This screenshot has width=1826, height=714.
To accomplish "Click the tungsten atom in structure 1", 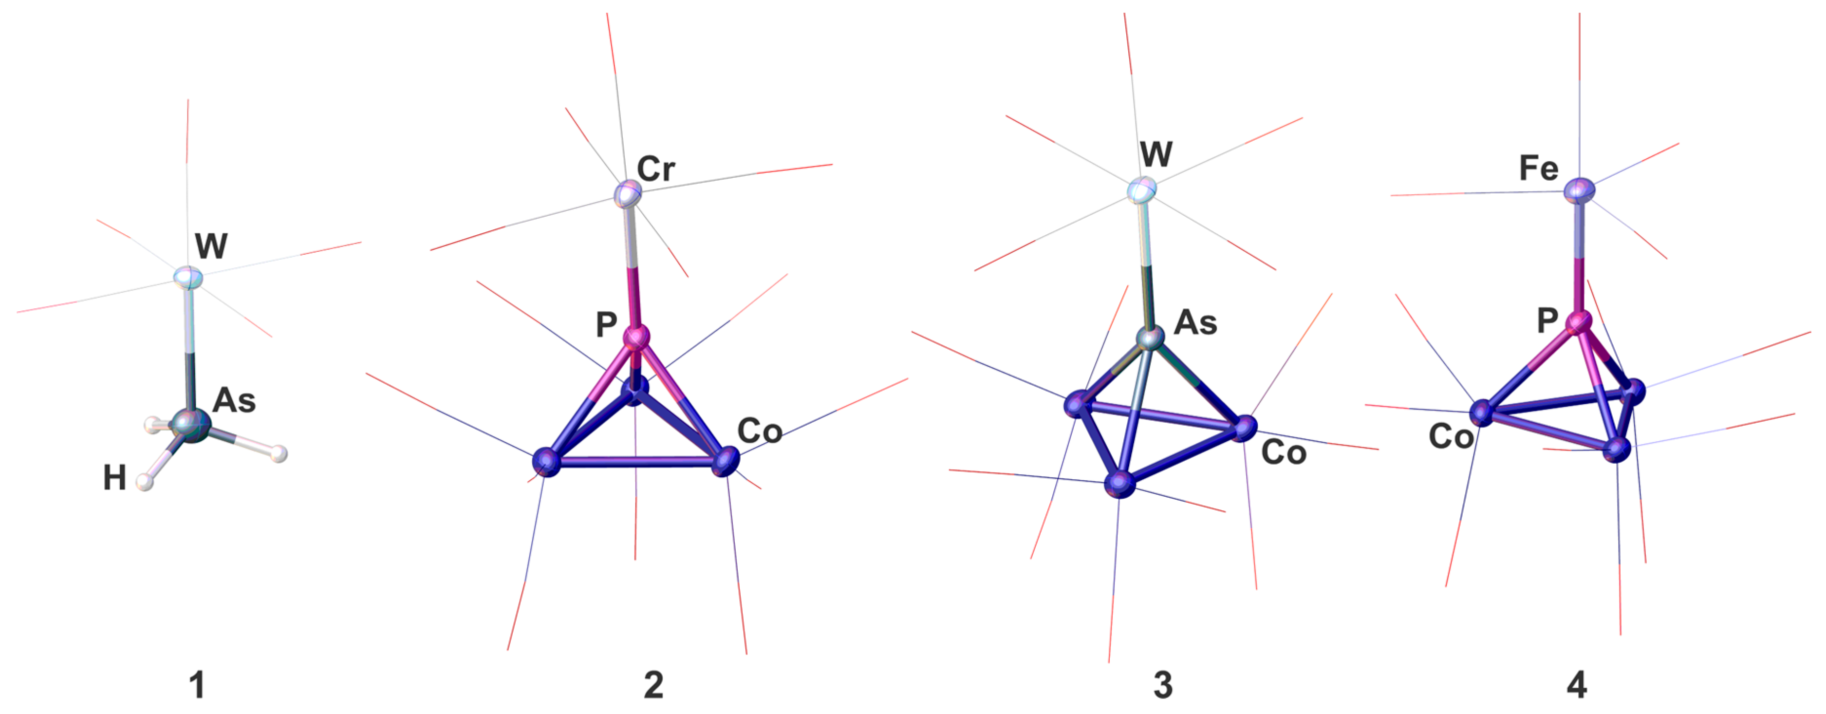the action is pos(188,277).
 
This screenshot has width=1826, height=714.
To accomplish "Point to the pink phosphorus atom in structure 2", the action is pos(636,336).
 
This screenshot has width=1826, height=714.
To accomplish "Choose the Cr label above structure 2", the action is pos(656,169).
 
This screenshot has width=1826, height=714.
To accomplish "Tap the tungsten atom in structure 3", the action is pos(1142,190).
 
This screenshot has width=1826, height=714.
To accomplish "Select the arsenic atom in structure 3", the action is pos(1150,338).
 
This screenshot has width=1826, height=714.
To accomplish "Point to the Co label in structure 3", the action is pos(1284,452).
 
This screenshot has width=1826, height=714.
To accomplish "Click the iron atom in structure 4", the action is pos(1579,190).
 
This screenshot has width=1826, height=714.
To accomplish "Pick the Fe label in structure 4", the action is pos(1539,169).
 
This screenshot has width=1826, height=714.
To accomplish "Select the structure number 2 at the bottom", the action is pos(653,685).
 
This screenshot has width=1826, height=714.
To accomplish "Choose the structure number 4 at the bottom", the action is pos(1577,685).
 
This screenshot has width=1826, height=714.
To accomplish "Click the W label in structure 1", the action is pos(211,246).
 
